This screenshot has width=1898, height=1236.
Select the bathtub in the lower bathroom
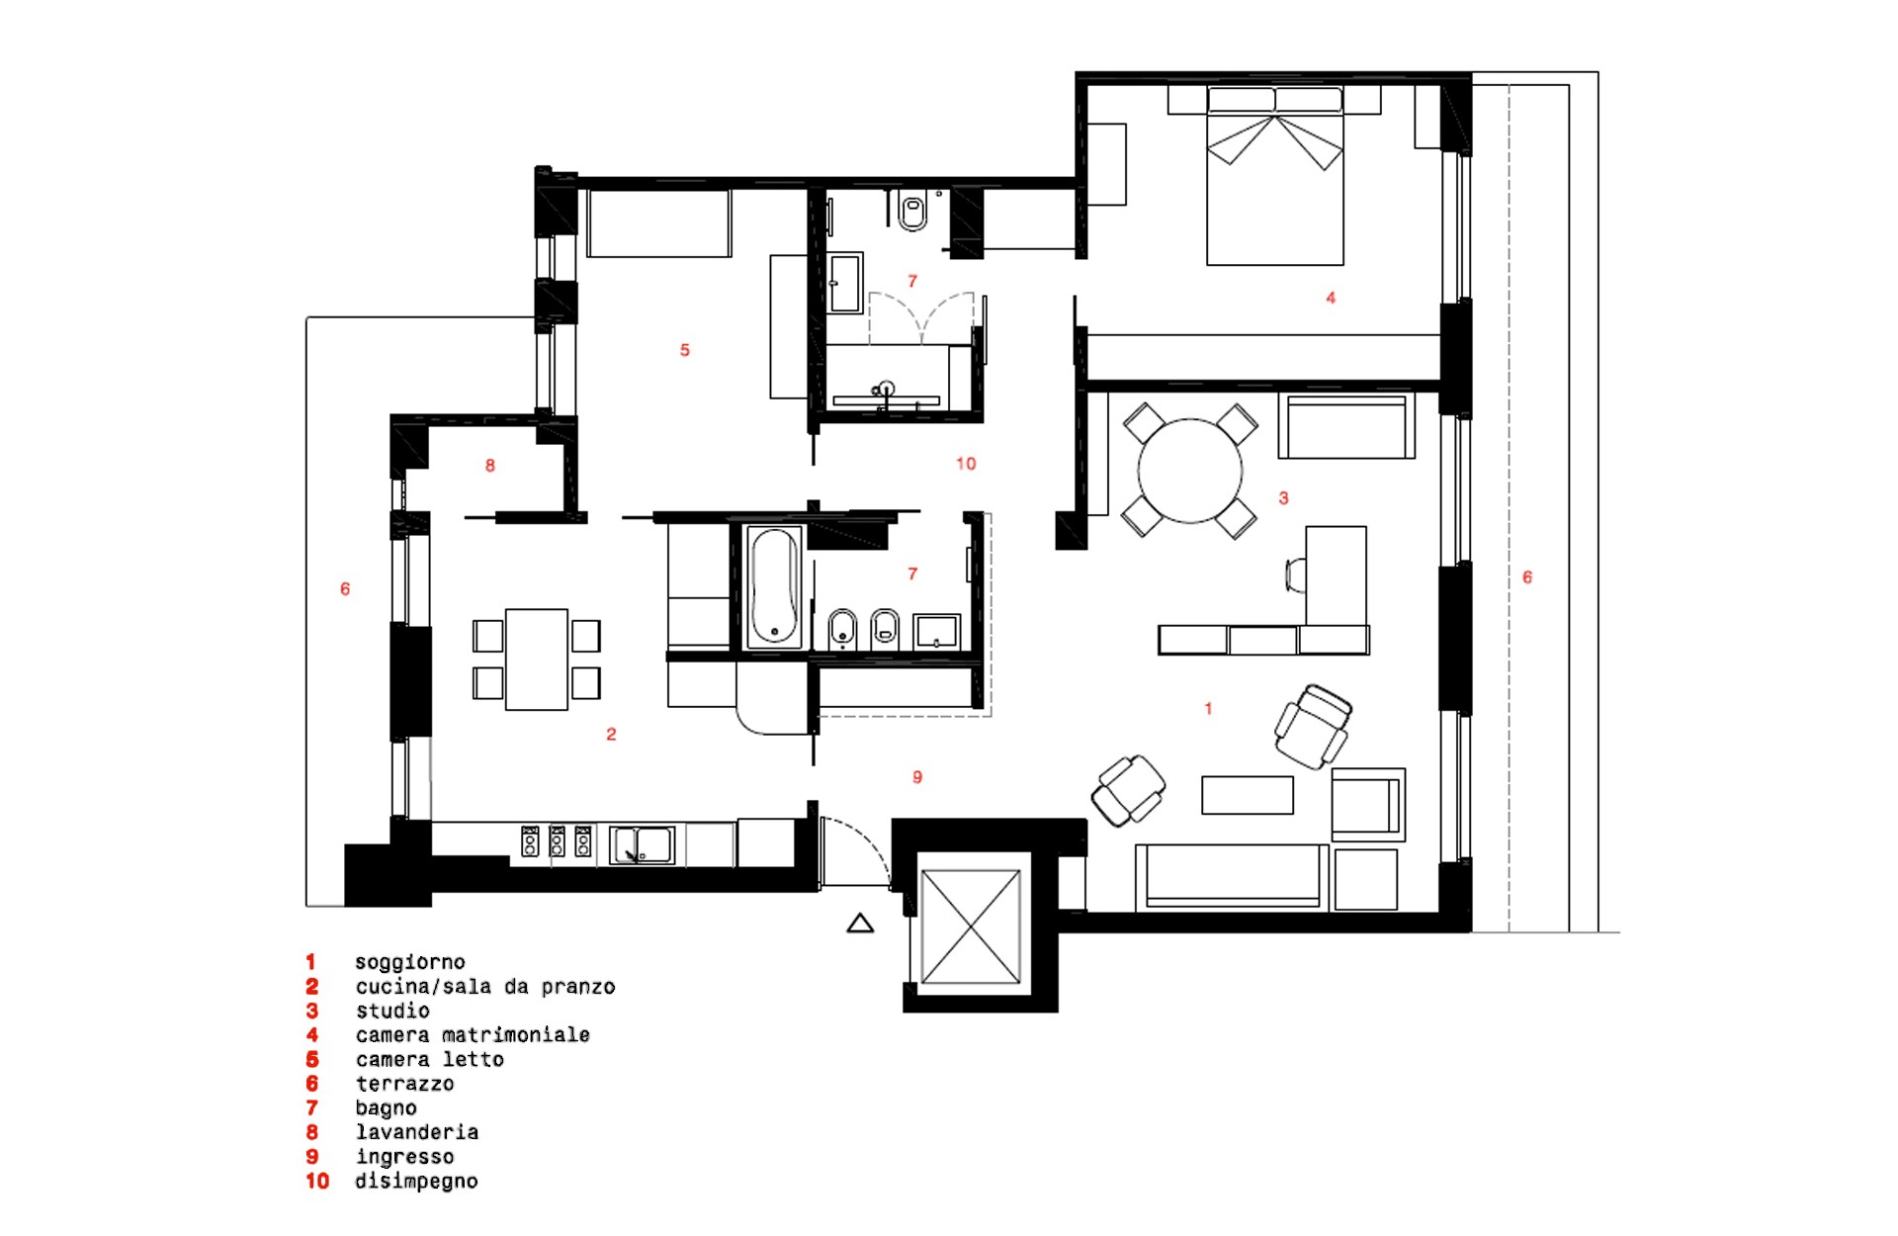click(774, 586)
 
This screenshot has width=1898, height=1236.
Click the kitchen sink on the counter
click(642, 845)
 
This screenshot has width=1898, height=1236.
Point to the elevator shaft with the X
click(971, 927)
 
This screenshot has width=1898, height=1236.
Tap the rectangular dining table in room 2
click(537, 659)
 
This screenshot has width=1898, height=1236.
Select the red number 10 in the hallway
click(966, 464)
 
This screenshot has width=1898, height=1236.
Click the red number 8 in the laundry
click(490, 466)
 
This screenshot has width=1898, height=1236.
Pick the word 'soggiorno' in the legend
click(410, 962)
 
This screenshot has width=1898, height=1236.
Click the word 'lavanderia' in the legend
click(417, 1132)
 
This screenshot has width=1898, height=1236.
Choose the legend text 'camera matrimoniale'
click(473, 1035)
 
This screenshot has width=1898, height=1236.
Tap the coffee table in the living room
click(1248, 795)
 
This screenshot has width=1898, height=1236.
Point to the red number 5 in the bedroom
click(685, 350)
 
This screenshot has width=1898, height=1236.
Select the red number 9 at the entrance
click(917, 777)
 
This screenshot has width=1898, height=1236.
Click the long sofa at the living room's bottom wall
click(1232, 877)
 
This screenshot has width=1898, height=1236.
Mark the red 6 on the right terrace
click(1527, 577)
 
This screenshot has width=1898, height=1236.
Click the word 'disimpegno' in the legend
click(416, 1182)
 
